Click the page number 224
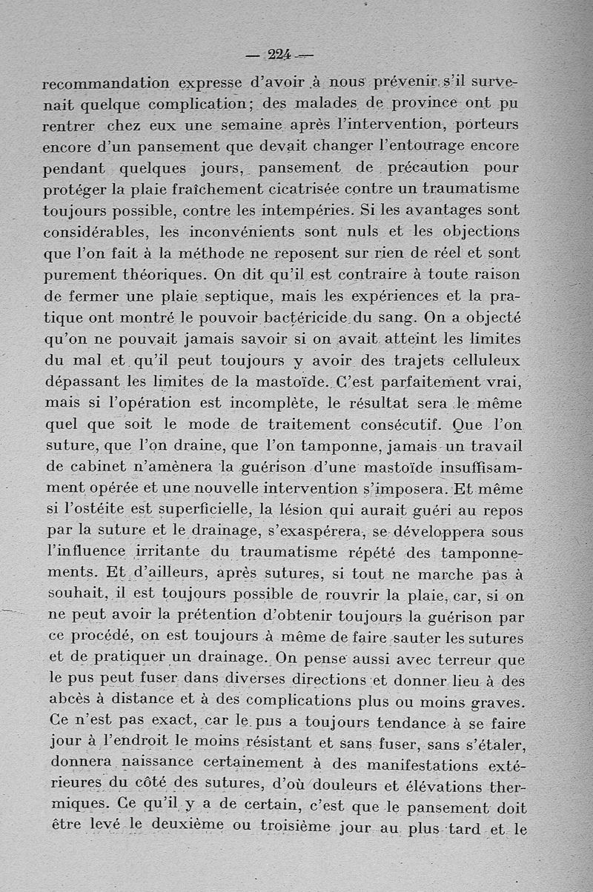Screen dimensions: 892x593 click(x=279, y=53)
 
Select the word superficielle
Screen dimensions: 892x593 click(x=195, y=510)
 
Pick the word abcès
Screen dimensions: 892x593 click(x=69, y=700)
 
